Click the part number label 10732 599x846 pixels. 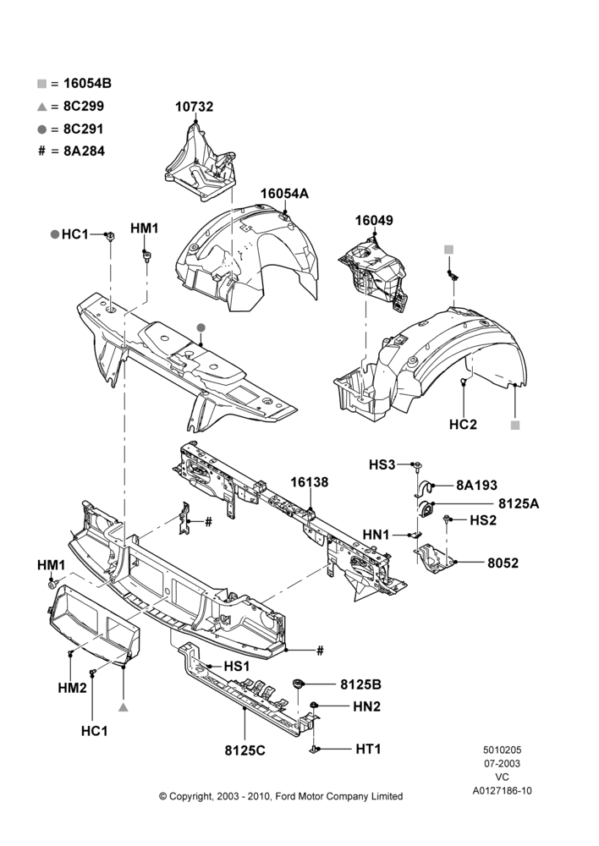(x=194, y=107)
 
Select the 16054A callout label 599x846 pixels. (x=284, y=194)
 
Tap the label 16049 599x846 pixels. (x=374, y=221)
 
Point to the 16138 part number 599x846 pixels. (x=309, y=482)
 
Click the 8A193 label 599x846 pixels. (x=476, y=485)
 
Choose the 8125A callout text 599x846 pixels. (x=519, y=503)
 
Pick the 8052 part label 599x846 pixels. (x=503, y=563)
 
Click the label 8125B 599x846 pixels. (x=360, y=684)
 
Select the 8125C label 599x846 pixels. (x=245, y=750)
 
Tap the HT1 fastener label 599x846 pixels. (x=369, y=749)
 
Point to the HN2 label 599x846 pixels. (x=367, y=706)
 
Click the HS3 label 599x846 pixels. (x=382, y=464)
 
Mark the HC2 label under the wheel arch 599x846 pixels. (x=463, y=425)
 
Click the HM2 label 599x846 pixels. (x=72, y=688)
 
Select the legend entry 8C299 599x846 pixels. (x=84, y=107)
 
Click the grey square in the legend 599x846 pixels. (x=41, y=84)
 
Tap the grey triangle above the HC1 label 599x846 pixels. (x=123, y=706)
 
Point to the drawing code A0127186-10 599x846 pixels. (x=502, y=791)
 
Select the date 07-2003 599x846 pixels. (x=502, y=763)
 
